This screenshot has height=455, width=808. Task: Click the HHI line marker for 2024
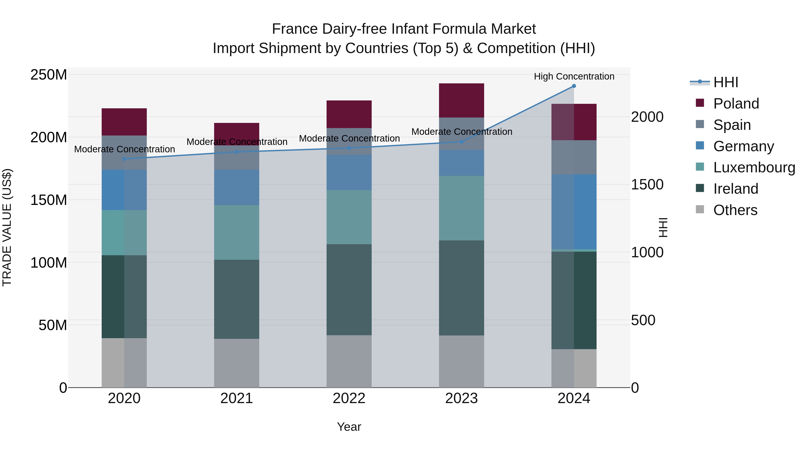(x=574, y=86)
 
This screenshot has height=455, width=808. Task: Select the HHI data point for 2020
(x=124, y=159)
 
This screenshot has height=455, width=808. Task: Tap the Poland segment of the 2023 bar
(x=461, y=100)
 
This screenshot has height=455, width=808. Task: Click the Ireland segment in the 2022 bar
(x=349, y=290)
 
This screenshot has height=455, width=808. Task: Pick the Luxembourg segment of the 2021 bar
(x=237, y=232)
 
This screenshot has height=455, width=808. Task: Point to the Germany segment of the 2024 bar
(x=574, y=212)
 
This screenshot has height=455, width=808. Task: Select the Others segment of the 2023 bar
(x=461, y=361)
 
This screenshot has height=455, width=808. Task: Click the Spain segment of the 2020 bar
(x=124, y=152)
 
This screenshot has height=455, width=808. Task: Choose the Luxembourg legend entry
(x=754, y=167)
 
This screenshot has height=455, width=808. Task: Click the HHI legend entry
(x=725, y=82)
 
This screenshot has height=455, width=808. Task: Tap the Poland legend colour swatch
(x=700, y=103)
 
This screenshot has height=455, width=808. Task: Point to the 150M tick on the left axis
(x=49, y=200)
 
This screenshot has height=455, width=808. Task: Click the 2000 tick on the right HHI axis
(x=647, y=117)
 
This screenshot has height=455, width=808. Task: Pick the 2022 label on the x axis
(x=349, y=398)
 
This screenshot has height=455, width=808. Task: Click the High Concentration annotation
(x=574, y=76)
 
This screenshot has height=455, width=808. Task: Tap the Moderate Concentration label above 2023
(x=462, y=132)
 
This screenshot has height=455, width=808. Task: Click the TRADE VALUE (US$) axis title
(x=7, y=227)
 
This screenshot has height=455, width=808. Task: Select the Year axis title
(x=349, y=427)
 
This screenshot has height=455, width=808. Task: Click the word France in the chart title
(x=295, y=29)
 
